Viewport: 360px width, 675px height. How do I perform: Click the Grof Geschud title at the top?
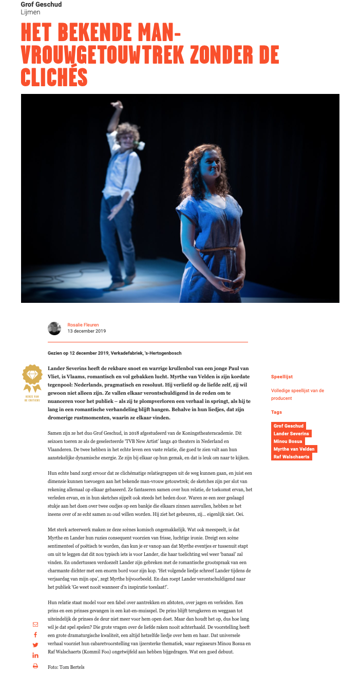[41, 5]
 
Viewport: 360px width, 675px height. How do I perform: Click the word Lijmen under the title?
[30, 12]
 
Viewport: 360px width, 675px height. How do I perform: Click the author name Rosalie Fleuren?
[83, 324]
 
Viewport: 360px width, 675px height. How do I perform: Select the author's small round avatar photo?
[54, 328]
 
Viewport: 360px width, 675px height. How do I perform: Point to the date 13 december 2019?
[86, 331]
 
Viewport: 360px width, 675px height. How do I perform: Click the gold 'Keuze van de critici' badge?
[31, 380]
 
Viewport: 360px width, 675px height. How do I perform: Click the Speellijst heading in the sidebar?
[282, 377]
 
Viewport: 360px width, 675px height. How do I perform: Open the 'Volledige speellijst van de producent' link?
[297, 394]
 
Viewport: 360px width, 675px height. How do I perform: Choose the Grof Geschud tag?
[289, 426]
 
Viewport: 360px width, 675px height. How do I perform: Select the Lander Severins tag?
[292, 434]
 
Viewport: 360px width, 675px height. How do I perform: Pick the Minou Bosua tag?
[288, 441]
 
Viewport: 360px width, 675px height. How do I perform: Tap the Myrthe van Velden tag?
[294, 449]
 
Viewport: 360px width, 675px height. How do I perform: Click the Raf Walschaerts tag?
[292, 457]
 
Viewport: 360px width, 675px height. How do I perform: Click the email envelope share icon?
[35, 624]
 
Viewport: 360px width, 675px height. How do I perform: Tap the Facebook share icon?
[35, 635]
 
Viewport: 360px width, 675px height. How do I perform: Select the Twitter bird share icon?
[35, 645]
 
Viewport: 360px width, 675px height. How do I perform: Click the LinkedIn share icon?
[35, 655]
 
